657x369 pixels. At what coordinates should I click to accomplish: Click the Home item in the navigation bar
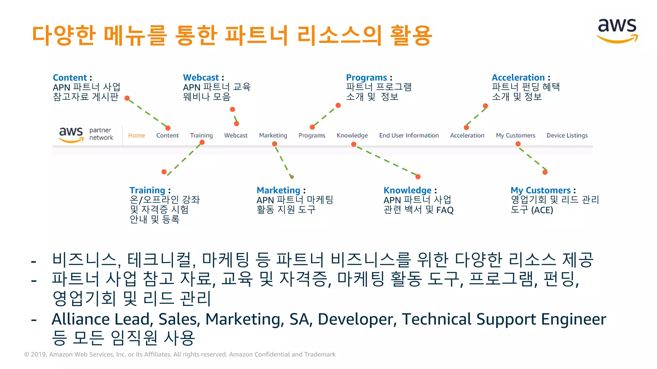[x=136, y=135]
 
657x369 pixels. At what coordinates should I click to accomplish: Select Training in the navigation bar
[x=201, y=135]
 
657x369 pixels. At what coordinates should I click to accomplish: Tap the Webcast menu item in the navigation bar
[x=236, y=135]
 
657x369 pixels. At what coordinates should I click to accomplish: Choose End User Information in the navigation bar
[x=409, y=135]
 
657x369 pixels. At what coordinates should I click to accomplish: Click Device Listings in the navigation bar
[x=567, y=135]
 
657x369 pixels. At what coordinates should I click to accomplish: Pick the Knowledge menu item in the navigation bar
[x=352, y=135]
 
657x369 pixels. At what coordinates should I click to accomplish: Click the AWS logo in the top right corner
[x=617, y=31]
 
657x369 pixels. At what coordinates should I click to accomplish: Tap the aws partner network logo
[x=86, y=135]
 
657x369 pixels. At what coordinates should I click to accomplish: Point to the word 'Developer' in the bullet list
[x=357, y=319]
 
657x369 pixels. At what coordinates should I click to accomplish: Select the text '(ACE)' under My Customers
[x=542, y=210]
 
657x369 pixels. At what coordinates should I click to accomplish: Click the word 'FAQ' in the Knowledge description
[x=445, y=210]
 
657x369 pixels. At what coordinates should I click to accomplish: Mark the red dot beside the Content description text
[x=127, y=98]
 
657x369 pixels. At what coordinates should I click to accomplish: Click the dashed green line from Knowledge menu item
[x=386, y=160]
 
